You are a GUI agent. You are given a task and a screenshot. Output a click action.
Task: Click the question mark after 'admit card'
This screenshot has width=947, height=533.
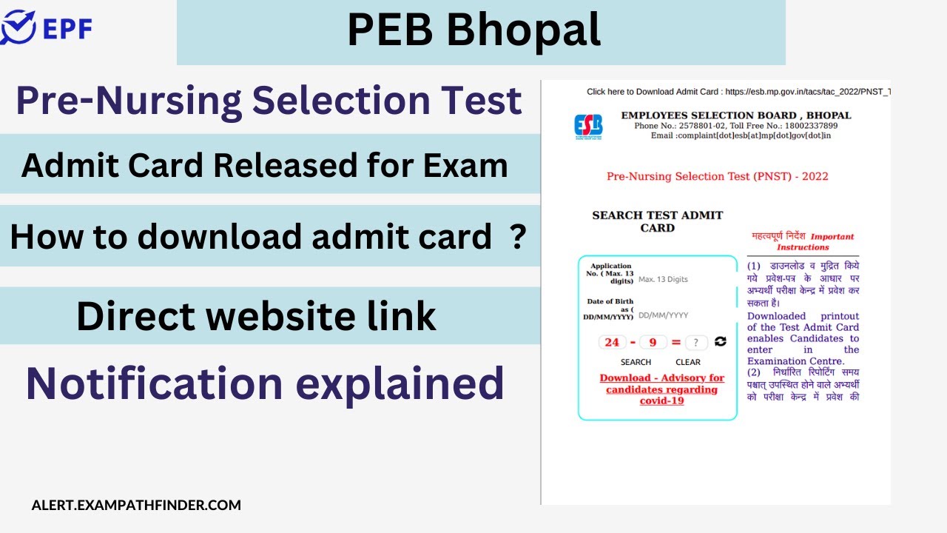coord(518,237)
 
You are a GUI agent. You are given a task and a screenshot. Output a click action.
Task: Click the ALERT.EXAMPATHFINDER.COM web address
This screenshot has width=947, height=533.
coord(136,506)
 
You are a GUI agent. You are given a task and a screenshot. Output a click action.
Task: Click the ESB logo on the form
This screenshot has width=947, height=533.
coord(588,125)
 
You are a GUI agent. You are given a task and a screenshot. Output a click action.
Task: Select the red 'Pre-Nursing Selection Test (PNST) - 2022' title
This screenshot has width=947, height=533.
coord(717,176)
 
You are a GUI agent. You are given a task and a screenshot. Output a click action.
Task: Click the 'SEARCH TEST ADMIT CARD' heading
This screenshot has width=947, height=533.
coord(657,221)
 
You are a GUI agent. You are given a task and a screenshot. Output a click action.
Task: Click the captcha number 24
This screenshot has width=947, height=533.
coord(612,342)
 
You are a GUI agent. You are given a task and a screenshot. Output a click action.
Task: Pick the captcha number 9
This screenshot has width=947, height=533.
coord(653,342)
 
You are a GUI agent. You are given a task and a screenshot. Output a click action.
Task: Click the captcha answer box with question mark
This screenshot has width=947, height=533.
coord(696,343)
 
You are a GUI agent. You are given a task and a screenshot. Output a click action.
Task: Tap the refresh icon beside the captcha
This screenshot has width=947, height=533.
coord(720,341)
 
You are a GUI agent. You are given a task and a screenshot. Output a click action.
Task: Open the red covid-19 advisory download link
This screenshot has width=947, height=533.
coord(661,389)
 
